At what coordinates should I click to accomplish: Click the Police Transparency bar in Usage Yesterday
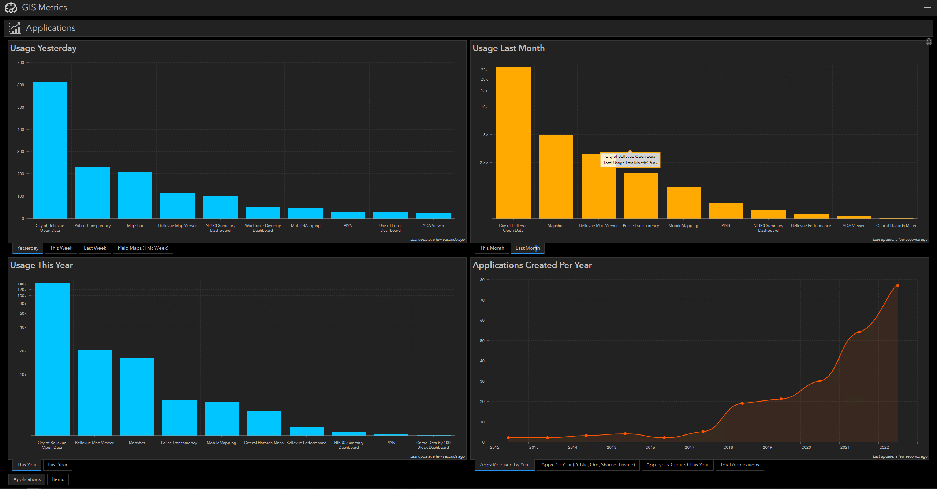[x=92, y=193]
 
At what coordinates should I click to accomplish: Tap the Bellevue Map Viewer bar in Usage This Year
[x=94, y=392]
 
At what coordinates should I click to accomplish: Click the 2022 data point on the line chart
[x=897, y=285]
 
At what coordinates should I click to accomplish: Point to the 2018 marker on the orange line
[x=742, y=403]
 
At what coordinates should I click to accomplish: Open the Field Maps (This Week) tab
[x=143, y=248]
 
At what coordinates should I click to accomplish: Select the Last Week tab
[x=95, y=248]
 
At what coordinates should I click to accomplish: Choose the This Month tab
[x=492, y=248]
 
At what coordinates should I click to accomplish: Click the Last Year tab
[x=57, y=465]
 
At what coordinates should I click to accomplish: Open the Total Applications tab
[x=739, y=465]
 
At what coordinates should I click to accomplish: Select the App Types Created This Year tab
[x=677, y=465]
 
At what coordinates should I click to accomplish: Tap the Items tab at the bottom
[x=58, y=479]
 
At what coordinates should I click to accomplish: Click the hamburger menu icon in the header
[x=927, y=8]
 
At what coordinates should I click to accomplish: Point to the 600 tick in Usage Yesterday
[x=20, y=85]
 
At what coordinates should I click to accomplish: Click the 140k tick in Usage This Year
[x=22, y=284]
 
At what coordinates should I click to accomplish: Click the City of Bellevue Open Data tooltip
[x=630, y=160]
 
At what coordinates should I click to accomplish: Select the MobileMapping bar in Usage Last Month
[x=683, y=202]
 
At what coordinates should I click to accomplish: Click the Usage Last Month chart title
[x=508, y=48]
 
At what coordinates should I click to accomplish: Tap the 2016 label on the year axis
[x=650, y=447]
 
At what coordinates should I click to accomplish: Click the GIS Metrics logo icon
[x=11, y=8]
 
